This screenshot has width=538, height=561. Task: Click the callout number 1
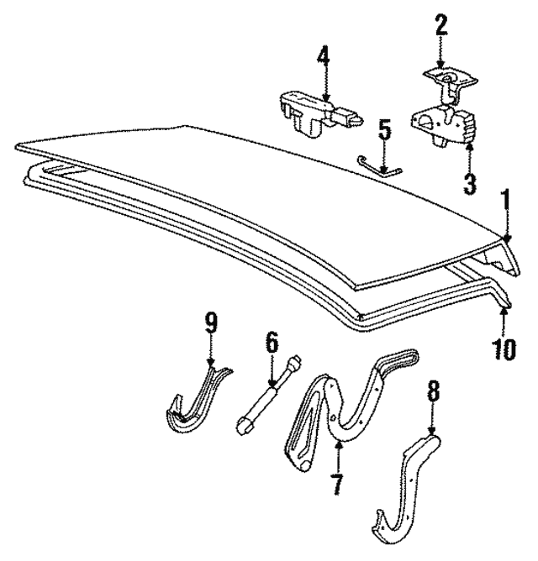505,200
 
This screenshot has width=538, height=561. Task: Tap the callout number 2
441,24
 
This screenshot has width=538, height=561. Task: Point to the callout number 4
324,53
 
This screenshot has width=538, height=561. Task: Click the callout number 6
272,343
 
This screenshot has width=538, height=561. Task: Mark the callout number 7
337,484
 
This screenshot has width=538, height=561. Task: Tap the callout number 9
211,322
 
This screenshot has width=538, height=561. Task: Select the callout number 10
504,349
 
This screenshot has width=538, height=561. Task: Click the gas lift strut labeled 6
268,394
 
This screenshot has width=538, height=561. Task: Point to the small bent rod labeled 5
380,166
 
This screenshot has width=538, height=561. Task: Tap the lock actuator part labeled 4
320,113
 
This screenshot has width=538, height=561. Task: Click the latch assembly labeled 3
444,126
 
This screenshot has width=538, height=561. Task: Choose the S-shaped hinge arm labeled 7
353,408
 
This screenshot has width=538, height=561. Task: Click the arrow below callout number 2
440,51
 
